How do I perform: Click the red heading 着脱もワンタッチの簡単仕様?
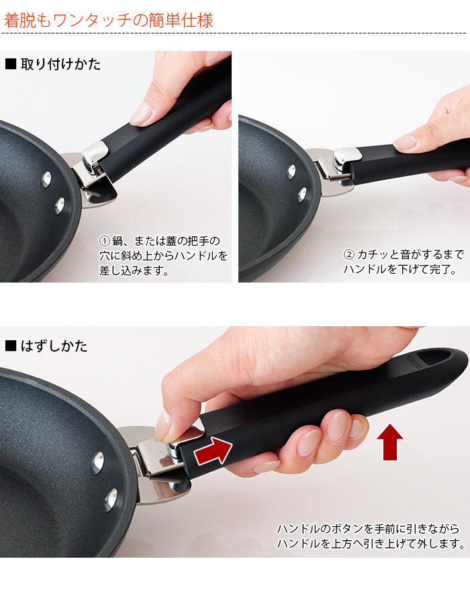(x=108, y=20)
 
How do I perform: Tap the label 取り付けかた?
(x=61, y=64)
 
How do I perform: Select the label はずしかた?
(x=54, y=346)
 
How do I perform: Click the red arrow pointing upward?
(x=390, y=442)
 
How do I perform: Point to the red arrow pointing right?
(x=212, y=450)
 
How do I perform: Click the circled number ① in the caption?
(x=105, y=241)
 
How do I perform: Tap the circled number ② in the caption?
(x=348, y=254)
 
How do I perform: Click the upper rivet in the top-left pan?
(x=46, y=179)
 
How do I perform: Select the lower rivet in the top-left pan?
(x=60, y=205)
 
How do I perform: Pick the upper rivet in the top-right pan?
(x=291, y=171)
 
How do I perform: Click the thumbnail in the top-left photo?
(x=140, y=113)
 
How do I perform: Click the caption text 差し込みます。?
(x=134, y=270)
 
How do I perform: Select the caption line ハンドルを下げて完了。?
(x=400, y=269)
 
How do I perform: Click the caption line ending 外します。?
(x=371, y=544)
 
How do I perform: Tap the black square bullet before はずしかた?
(x=11, y=346)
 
